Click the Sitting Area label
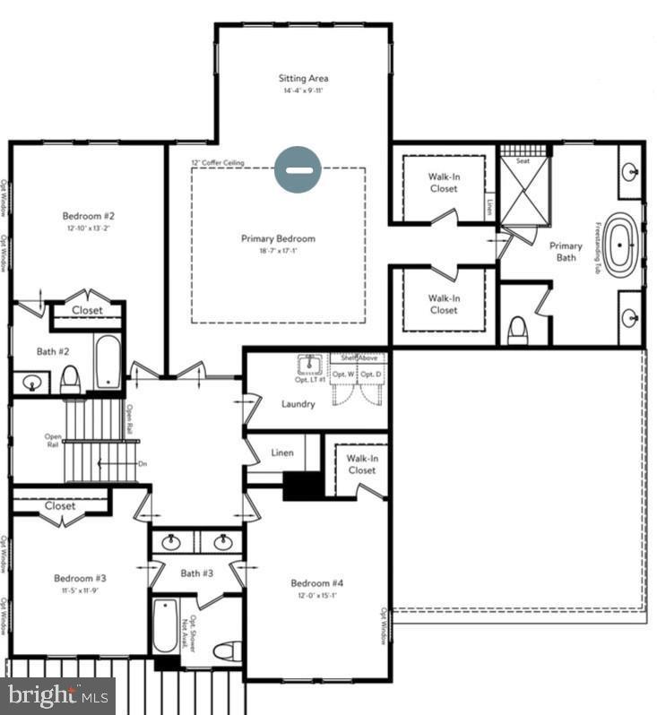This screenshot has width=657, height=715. (303, 79)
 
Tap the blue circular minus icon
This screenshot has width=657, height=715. (297, 169)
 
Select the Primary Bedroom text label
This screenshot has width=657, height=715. (278, 239)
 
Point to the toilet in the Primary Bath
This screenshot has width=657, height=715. (517, 332)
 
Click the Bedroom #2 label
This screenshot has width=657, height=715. (88, 216)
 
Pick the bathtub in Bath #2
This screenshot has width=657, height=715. (108, 362)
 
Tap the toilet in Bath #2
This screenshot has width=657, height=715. (70, 380)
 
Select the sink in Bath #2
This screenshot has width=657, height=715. (31, 383)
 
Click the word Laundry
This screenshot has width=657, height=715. (298, 404)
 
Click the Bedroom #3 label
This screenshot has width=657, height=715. (80, 578)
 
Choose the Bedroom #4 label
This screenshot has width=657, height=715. (317, 583)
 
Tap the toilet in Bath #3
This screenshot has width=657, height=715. (229, 651)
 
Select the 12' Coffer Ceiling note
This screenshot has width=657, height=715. (218, 163)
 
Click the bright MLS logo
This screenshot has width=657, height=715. (57, 694)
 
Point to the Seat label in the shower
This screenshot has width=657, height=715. (522, 161)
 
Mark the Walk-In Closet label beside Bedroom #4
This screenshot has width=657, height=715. (361, 464)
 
